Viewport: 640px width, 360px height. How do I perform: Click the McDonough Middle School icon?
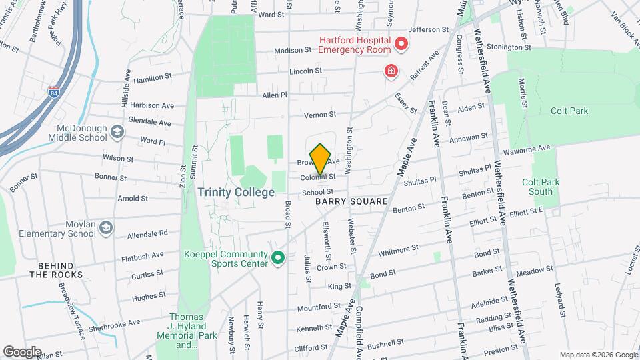(x=117, y=132)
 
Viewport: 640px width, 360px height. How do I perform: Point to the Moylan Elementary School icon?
(x=105, y=229)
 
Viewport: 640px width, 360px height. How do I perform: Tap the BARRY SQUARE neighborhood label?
(x=351, y=201)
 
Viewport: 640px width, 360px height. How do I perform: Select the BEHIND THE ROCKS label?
(x=56, y=270)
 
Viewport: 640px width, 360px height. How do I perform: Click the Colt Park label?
(x=569, y=111)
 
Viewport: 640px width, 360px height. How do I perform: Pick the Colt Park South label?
(x=541, y=187)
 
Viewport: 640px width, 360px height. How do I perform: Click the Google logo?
(x=22, y=351)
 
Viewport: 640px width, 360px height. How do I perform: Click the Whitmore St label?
(x=399, y=249)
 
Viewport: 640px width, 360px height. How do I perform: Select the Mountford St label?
(x=319, y=307)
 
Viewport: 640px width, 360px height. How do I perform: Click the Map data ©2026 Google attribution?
(x=597, y=355)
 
